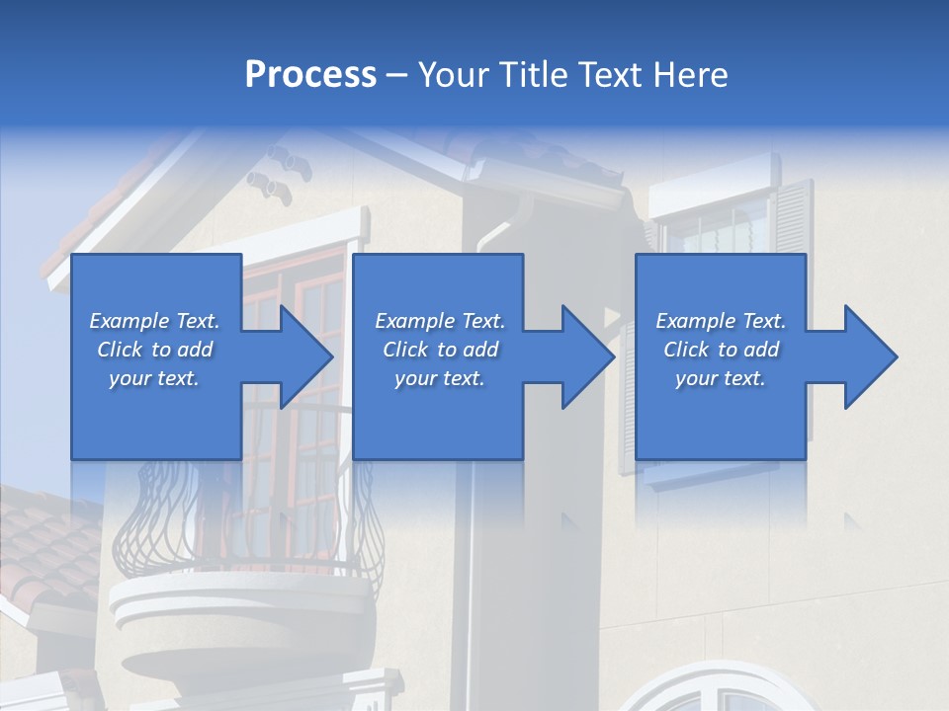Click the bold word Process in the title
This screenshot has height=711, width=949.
click(310, 74)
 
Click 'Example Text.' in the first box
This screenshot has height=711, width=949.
click(154, 321)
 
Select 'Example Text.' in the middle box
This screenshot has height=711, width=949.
click(440, 321)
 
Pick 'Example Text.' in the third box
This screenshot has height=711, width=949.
click(721, 321)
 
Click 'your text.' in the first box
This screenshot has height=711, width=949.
click(154, 378)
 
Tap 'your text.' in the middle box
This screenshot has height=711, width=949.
click(440, 378)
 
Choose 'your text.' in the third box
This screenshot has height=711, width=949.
click(721, 378)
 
